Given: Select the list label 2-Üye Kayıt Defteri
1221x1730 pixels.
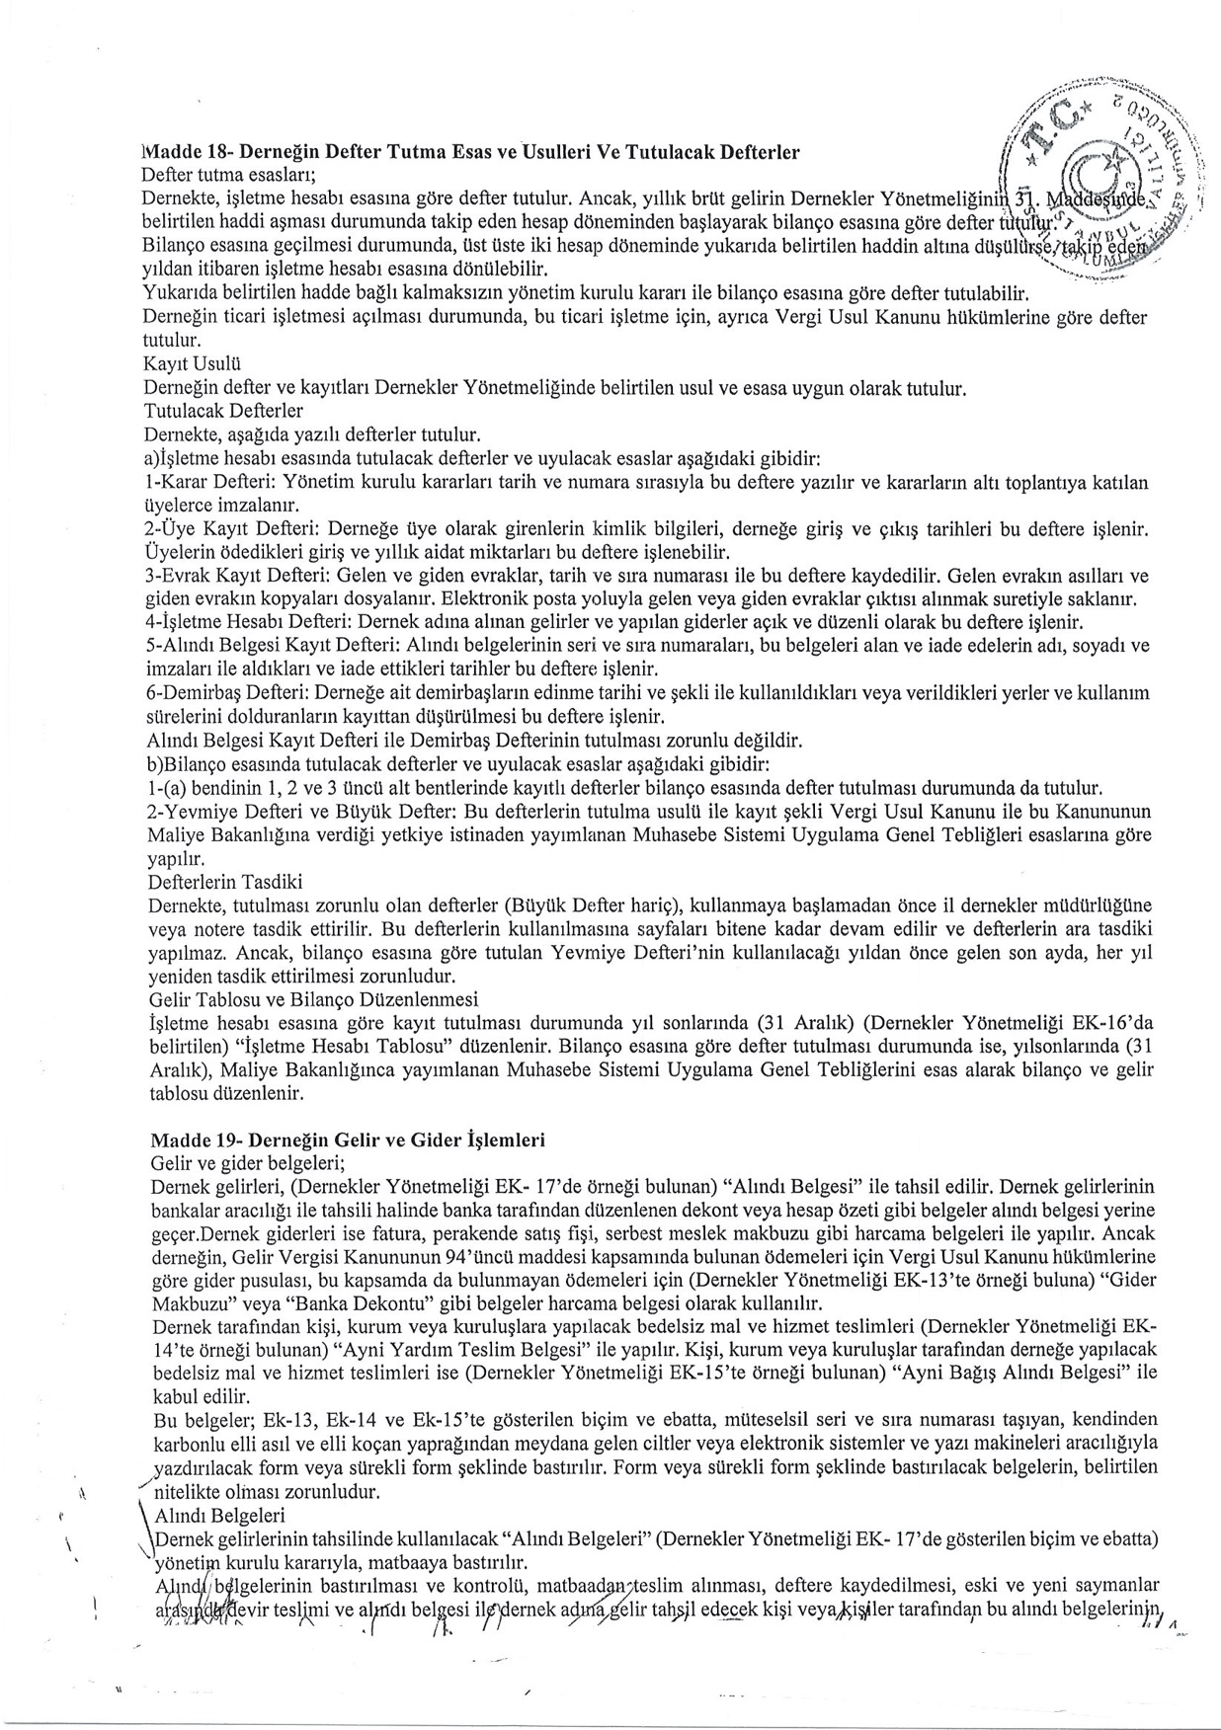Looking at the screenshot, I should tap(229, 528).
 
